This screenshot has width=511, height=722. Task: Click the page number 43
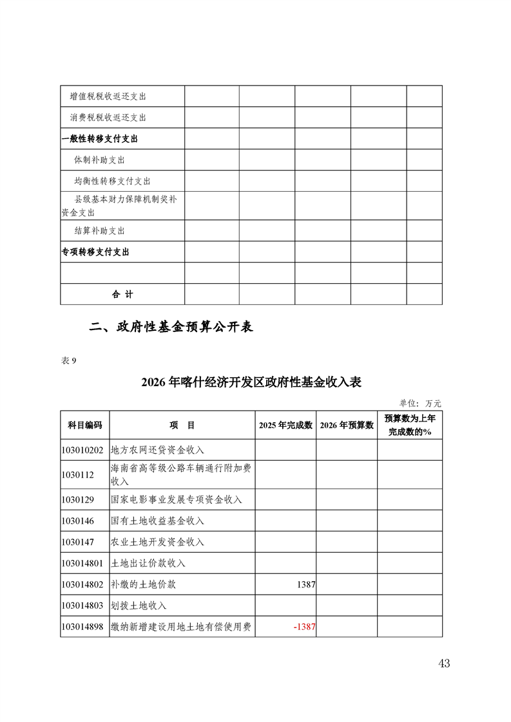443,663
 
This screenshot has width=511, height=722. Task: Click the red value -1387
304,627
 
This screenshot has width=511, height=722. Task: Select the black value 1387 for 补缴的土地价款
306,584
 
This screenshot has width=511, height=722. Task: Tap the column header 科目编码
85,425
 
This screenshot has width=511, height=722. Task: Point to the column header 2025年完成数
285,425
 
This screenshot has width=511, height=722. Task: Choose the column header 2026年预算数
347,425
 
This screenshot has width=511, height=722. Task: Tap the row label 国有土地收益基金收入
157,521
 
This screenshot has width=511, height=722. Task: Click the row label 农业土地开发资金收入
157,542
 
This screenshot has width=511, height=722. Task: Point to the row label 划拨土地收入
139,606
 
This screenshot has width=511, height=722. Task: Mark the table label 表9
68,360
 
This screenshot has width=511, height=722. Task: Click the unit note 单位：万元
420,403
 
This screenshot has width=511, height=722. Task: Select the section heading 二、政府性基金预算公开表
171,327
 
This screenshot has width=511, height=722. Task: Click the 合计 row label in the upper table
122,294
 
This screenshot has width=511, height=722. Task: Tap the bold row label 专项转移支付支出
95,252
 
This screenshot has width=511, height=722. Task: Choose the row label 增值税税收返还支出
108,97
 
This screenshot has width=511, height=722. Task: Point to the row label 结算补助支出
99,230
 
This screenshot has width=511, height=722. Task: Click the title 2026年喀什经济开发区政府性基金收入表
251,382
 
